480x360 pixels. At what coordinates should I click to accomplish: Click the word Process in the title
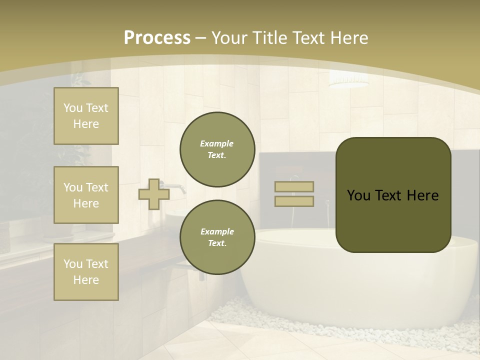click(x=157, y=38)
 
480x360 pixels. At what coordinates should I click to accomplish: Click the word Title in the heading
click(x=269, y=38)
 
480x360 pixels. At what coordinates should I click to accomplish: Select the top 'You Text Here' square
click(x=86, y=116)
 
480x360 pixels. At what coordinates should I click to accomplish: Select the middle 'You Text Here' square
click(x=86, y=195)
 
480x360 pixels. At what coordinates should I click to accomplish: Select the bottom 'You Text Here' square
click(x=86, y=272)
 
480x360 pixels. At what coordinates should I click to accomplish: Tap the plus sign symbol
click(x=154, y=194)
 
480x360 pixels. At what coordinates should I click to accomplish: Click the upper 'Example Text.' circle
click(x=217, y=149)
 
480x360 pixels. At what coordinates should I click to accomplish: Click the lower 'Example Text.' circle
click(x=217, y=237)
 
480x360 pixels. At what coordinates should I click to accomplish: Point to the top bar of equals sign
click(x=294, y=186)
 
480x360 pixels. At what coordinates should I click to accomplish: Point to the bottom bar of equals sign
click(x=294, y=201)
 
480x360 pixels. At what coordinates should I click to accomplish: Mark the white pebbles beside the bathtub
click(x=270, y=320)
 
